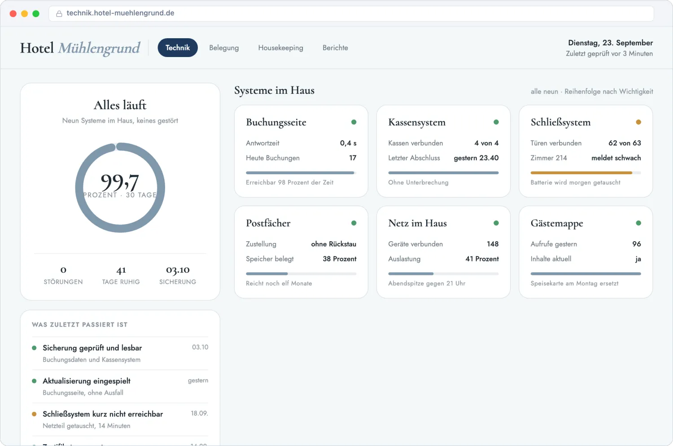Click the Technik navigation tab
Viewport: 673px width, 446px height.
178,48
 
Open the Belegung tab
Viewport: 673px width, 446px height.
224,48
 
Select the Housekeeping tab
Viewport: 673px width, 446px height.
280,48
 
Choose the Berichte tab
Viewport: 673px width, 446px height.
335,48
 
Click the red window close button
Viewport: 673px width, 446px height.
13,13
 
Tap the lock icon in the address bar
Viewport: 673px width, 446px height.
59,13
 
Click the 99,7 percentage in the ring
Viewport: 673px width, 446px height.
120,182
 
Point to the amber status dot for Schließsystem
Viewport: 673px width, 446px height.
638,122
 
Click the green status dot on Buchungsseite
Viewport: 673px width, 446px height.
354,122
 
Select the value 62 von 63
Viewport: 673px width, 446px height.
625,143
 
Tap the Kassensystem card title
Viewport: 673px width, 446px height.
417,122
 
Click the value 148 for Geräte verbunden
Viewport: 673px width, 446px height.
493,244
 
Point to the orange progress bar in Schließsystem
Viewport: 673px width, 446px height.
581,172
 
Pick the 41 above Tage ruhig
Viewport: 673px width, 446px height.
121,270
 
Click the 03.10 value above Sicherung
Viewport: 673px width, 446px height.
178,270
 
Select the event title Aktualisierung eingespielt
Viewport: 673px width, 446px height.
87,381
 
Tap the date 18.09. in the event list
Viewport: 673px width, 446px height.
200,413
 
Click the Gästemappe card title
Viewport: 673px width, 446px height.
557,223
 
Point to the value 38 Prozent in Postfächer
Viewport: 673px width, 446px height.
340,259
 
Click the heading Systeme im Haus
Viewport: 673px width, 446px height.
274,91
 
